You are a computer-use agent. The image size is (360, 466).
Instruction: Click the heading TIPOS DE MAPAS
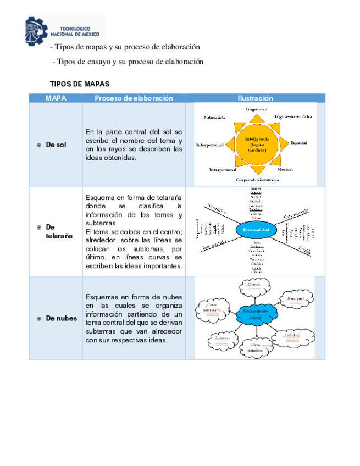(80, 84)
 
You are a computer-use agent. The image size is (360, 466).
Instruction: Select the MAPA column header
(56, 98)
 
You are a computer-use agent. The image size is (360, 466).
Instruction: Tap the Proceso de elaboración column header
(134, 98)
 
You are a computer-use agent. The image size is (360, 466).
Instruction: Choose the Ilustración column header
(255, 98)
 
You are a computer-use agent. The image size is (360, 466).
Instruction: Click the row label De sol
(56, 145)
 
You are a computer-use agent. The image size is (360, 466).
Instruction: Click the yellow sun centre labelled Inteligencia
(256, 144)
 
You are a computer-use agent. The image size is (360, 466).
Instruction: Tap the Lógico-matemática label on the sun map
(293, 117)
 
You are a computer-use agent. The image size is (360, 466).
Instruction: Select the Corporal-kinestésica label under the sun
(258, 180)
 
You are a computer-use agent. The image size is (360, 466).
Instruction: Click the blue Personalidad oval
(256, 230)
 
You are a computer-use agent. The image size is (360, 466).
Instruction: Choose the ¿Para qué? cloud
(295, 298)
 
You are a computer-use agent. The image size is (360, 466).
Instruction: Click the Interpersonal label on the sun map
(210, 145)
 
